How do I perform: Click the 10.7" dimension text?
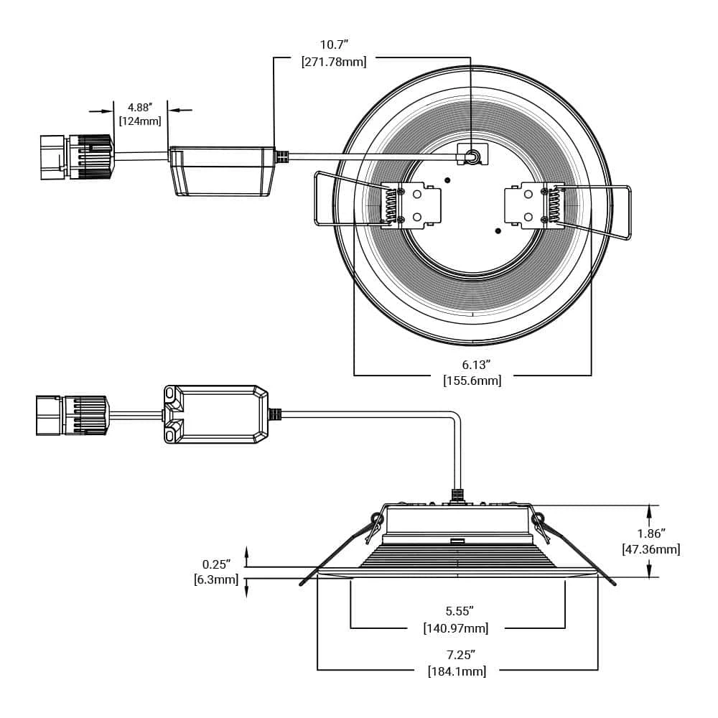333,45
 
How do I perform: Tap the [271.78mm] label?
333,62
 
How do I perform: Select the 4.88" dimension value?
140,107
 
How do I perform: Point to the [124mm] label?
140,121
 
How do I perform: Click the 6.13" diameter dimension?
472,364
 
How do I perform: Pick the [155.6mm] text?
472,381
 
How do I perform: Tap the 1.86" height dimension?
651,533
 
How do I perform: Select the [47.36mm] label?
651,549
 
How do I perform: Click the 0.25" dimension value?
215,564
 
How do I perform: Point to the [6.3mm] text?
215,579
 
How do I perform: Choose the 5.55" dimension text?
460,611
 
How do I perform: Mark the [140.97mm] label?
456,628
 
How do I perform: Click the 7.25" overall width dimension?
460,654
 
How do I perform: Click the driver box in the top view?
221,171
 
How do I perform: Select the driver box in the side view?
215,414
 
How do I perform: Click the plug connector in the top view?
75,156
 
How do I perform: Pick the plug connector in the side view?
72,415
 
